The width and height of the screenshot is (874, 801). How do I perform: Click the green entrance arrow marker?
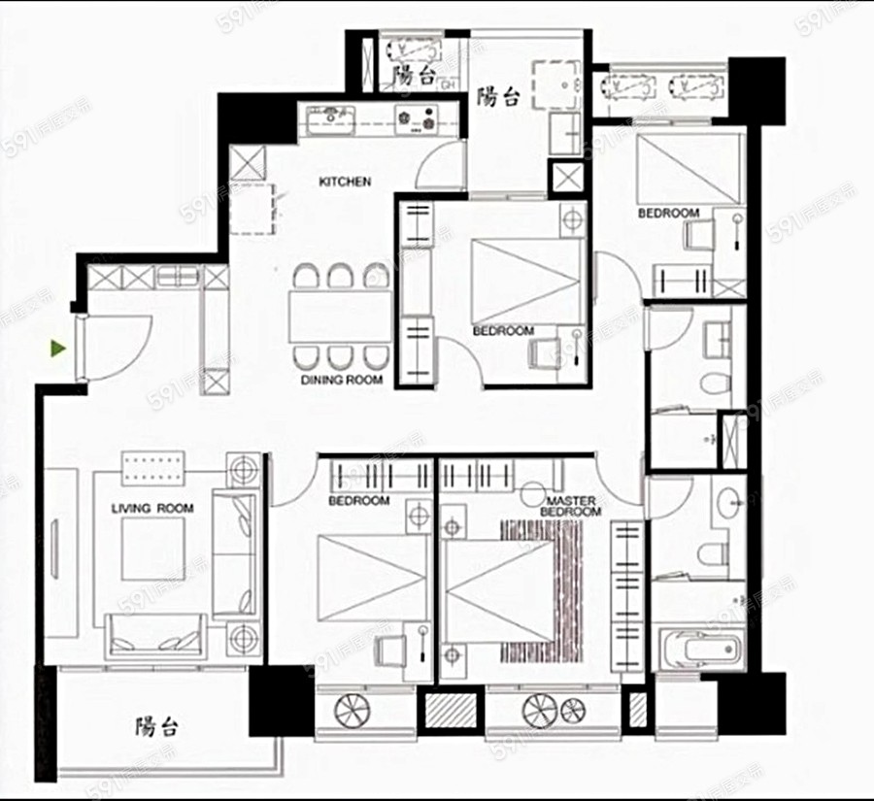58,349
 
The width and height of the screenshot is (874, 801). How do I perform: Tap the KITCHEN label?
345,182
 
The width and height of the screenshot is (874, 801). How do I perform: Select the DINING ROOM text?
342,381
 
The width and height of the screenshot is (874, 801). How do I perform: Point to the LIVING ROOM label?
152,509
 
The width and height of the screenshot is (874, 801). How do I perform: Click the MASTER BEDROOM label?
571,506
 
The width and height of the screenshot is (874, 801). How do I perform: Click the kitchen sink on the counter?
331,119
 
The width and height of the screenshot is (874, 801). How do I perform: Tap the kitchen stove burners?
417,119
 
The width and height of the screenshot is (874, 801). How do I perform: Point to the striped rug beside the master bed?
542,591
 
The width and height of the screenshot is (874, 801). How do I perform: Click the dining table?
340,317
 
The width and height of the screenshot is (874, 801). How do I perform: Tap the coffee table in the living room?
153,550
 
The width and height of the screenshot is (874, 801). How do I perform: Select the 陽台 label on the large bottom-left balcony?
156,725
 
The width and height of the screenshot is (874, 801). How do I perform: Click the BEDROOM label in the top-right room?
668,213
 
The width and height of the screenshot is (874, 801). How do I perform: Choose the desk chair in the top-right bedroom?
699,234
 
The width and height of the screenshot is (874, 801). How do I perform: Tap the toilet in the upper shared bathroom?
716,384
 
